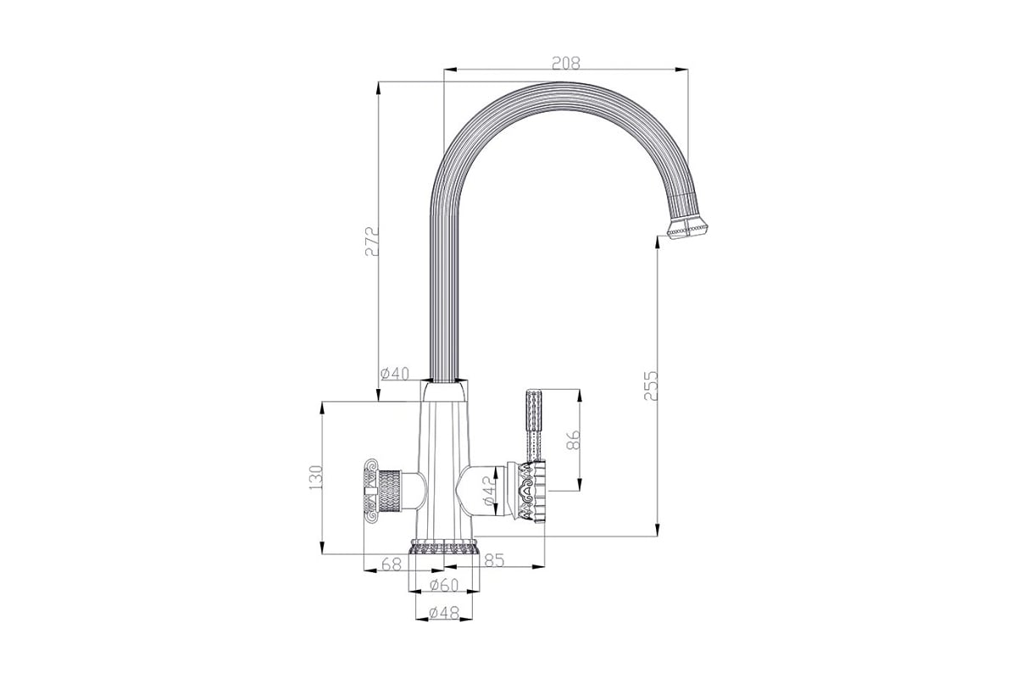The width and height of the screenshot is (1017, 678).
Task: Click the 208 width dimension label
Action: (566, 63)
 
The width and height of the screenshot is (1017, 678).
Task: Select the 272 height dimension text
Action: (372, 242)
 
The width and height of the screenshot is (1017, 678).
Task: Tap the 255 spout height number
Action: (651, 386)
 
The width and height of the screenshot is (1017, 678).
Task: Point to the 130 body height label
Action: (315, 477)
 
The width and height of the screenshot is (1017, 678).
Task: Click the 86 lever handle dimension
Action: (574, 440)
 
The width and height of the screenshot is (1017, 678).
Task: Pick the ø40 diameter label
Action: (395, 374)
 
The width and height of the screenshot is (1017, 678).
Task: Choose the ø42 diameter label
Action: (488, 491)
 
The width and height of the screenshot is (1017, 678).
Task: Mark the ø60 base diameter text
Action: (444, 586)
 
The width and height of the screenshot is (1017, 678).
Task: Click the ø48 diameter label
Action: (444, 613)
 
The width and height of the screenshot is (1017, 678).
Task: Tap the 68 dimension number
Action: (392, 564)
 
